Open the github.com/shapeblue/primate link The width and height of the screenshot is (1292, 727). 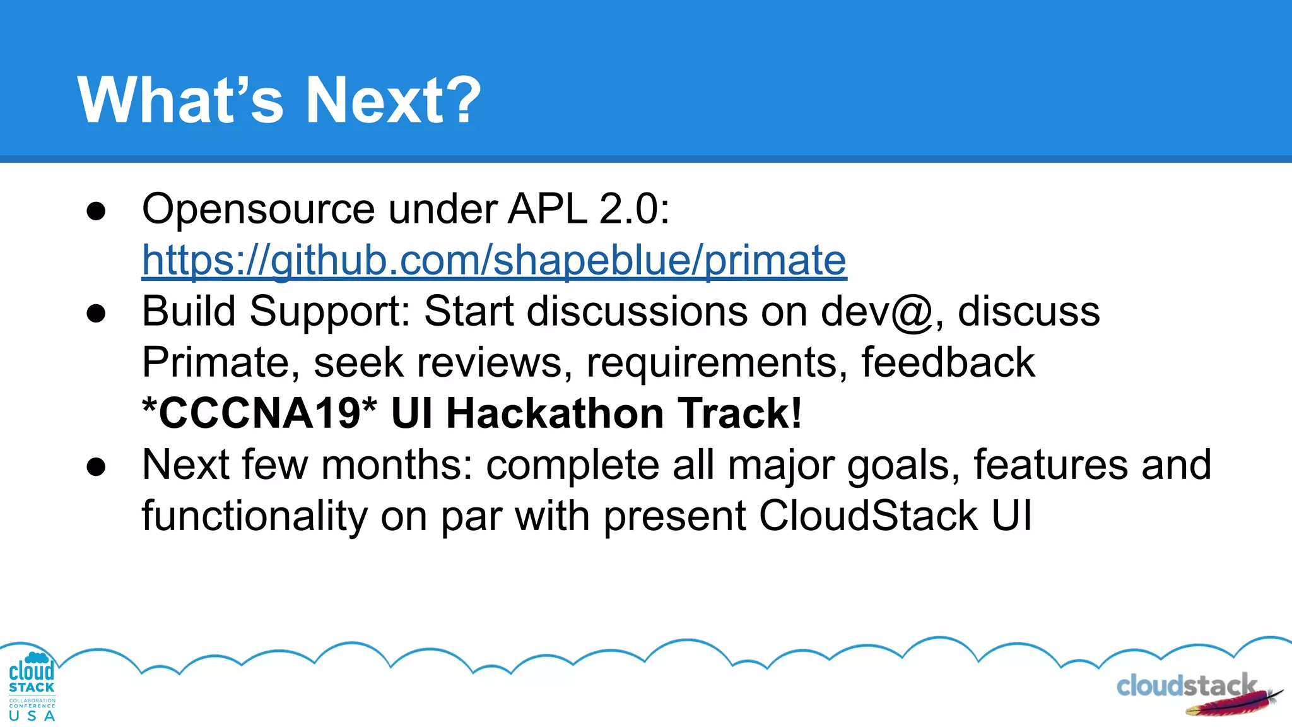tap(493, 260)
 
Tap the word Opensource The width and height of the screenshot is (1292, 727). tap(259, 210)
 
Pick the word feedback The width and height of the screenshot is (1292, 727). tap(948, 362)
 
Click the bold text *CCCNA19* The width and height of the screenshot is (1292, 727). tap(259, 414)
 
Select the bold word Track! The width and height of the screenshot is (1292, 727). tap(741, 414)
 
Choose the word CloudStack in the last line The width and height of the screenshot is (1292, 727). tap(868, 516)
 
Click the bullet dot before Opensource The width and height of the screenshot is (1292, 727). tap(96, 212)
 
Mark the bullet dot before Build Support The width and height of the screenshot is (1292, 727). tap(96, 314)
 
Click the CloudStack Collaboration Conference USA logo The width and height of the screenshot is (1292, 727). tap(32, 687)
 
